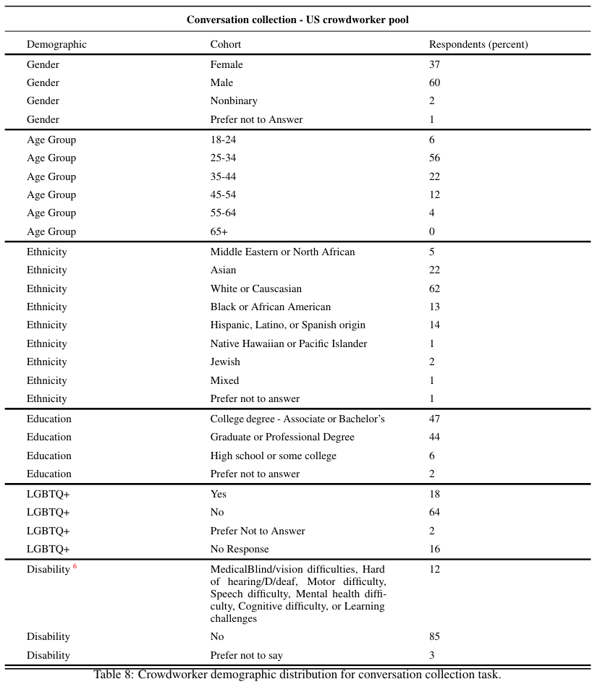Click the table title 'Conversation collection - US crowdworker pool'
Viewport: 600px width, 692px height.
click(297, 20)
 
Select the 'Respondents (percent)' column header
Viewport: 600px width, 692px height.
click(478, 45)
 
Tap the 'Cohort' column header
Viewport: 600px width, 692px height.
click(226, 45)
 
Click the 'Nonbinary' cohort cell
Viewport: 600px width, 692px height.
click(234, 101)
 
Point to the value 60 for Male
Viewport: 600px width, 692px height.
click(434, 83)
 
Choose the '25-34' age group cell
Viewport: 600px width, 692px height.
click(223, 158)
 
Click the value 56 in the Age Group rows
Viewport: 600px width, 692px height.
click(434, 158)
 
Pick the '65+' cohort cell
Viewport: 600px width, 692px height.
click(219, 232)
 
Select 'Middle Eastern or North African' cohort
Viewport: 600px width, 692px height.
click(282, 252)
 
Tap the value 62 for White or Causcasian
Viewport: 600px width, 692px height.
click(434, 289)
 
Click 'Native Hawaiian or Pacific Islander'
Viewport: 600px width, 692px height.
click(288, 344)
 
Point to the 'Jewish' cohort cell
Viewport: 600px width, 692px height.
click(225, 362)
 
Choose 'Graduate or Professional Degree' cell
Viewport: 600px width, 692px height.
click(282, 437)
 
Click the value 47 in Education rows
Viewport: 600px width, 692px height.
click(434, 419)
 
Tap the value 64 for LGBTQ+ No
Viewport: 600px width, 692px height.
click(434, 513)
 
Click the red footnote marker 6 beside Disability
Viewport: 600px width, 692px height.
click(75, 567)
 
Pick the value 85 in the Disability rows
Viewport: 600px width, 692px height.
click(434, 637)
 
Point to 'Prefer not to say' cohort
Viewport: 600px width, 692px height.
click(246, 656)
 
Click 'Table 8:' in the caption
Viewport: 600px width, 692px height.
click(114, 675)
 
